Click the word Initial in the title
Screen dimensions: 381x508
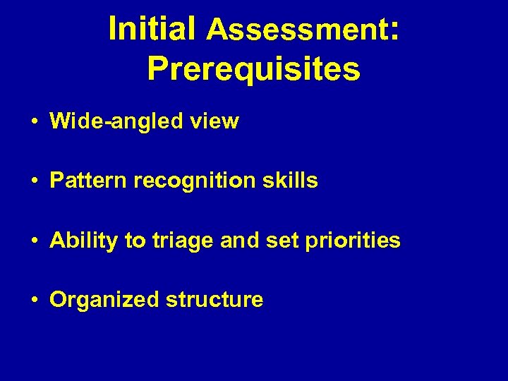click(152, 30)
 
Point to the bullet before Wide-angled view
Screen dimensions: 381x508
click(34, 122)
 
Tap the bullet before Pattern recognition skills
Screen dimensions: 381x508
click(34, 181)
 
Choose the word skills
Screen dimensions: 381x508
click(290, 181)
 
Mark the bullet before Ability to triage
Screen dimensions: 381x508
click(34, 241)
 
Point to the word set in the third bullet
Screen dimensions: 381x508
click(275, 241)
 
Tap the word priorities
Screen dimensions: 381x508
click(348, 241)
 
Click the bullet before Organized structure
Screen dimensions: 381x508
click(34, 301)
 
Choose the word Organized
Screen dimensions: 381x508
click(104, 300)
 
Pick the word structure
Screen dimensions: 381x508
click(214, 300)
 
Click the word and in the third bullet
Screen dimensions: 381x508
click(240, 241)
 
